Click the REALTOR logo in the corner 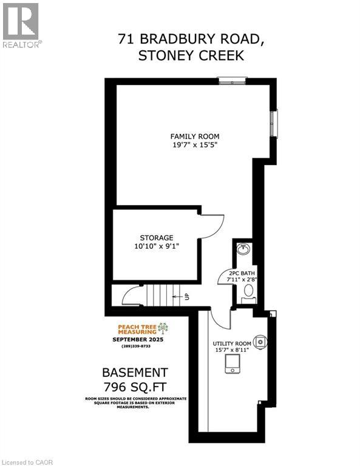click(21, 25)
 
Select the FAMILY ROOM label click(194, 136)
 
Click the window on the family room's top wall click(233, 79)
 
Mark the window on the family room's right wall click(274, 124)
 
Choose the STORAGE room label click(157, 237)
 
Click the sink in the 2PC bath click(244, 249)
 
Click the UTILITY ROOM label click(233, 343)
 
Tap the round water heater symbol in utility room click(260, 342)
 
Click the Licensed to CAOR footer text click(27, 461)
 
